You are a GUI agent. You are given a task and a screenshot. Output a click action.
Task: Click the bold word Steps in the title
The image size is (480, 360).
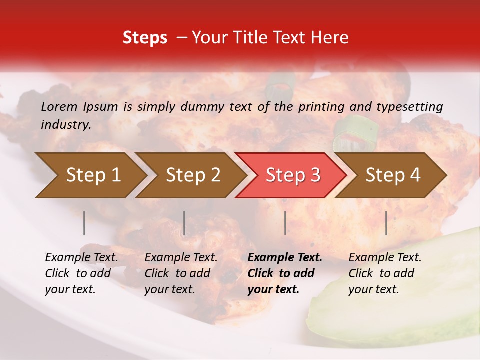pyautogui.click(x=145, y=38)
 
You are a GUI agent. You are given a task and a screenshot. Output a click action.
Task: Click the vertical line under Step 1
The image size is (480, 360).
pyautogui.click(x=84, y=223)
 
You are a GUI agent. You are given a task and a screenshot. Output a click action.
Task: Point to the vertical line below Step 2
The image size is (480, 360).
pyautogui.click(x=184, y=223)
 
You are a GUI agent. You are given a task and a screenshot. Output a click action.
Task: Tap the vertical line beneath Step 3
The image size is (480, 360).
pyautogui.click(x=285, y=223)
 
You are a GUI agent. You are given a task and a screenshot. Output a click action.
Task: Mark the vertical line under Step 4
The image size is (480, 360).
pyautogui.click(x=386, y=223)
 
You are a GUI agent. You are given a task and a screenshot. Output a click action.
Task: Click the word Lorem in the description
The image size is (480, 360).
pyautogui.click(x=59, y=106)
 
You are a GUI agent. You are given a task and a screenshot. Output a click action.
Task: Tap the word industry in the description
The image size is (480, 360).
pyautogui.click(x=66, y=125)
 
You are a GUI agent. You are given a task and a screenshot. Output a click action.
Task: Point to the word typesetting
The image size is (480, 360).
pyautogui.click(x=409, y=107)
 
